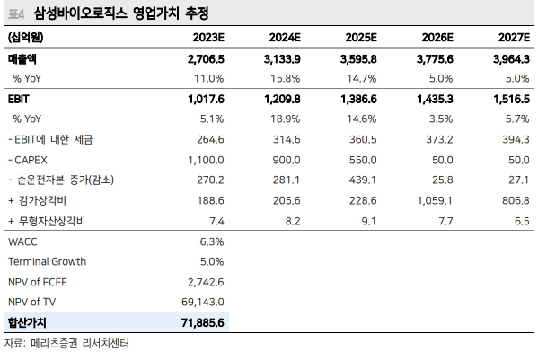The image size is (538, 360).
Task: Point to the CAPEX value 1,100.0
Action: [203, 159]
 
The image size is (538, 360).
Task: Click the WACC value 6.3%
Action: [210, 241]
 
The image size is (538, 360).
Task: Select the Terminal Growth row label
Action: [47, 261]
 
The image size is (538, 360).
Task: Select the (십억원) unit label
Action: [26, 37]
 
